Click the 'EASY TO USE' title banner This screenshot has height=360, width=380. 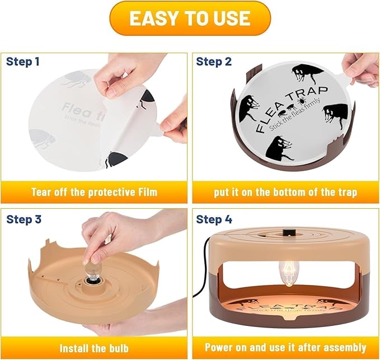[x=190, y=18]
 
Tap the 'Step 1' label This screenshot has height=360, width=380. [x=23, y=62]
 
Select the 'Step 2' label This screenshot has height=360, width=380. [x=213, y=62]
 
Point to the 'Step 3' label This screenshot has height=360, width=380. [x=24, y=219]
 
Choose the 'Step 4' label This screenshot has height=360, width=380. [x=214, y=219]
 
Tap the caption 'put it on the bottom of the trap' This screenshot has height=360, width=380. [x=285, y=192]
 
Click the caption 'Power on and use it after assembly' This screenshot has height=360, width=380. [x=285, y=348]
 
